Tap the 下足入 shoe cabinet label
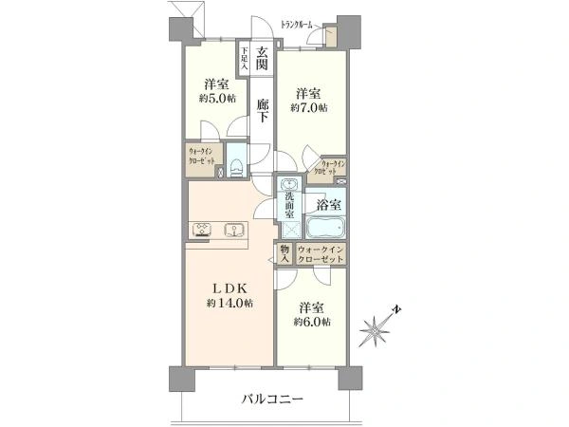(244, 60)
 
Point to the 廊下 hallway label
(264, 115)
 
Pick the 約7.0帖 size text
(310, 108)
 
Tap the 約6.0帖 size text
(313, 323)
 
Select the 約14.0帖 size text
(229, 303)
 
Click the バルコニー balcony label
(270, 399)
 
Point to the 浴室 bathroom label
(329, 204)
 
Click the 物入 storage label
(284, 254)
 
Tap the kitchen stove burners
(203, 228)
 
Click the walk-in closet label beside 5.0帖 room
(204, 157)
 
